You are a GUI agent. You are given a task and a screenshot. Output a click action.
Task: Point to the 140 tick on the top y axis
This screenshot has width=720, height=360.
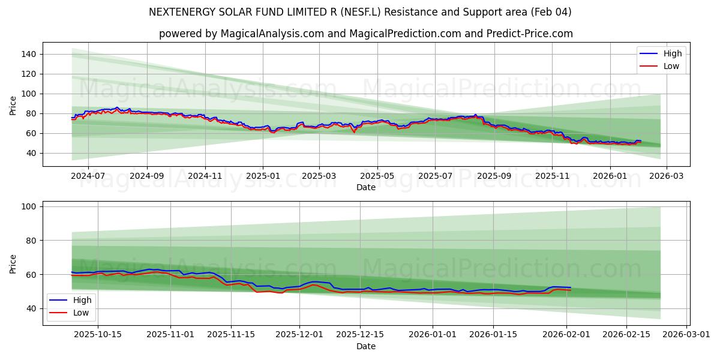29,54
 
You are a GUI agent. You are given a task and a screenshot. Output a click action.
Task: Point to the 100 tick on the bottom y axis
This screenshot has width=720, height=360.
29,206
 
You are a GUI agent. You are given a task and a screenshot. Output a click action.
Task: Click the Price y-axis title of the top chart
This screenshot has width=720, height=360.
13,104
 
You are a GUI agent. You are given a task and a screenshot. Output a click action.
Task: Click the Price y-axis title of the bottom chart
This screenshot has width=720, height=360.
13,263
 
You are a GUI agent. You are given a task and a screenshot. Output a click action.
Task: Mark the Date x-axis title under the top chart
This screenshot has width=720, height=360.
366,187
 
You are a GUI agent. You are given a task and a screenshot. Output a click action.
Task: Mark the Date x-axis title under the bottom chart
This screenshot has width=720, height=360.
366,346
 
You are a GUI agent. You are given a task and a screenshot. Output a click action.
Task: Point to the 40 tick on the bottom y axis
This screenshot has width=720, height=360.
32,308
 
